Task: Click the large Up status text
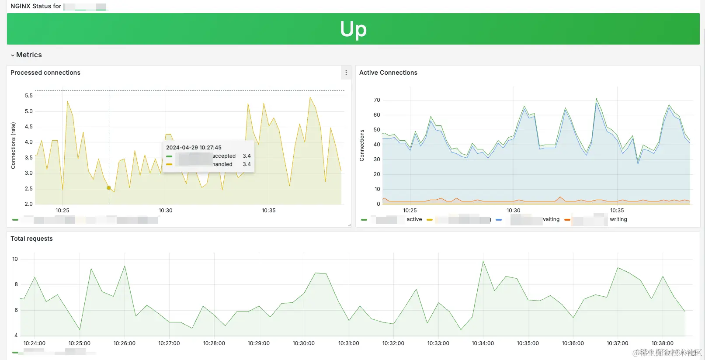(353, 29)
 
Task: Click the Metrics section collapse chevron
(12, 55)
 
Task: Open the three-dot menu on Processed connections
(346, 73)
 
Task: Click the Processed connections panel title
(45, 73)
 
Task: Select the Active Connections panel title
(388, 73)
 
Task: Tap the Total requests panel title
(31, 239)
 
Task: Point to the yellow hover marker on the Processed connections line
(109, 188)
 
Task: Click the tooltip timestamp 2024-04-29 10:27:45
(194, 148)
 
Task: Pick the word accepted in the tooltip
(224, 156)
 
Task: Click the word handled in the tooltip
(222, 164)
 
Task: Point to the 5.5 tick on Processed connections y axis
(29, 96)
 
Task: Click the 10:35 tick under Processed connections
(268, 211)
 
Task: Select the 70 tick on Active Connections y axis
(377, 100)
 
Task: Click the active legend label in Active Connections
(414, 219)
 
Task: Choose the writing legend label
(618, 219)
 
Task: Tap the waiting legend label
(551, 219)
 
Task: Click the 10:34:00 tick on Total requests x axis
(483, 343)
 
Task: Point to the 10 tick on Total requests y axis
(15, 259)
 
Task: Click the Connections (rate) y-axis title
(13, 145)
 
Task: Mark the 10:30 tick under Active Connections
(513, 211)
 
